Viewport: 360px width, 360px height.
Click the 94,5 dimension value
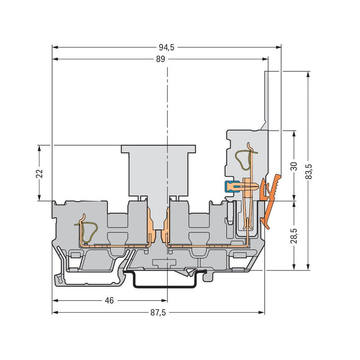pos(166,47)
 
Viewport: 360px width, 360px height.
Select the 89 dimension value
pos(161,59)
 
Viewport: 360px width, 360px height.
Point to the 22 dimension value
pos(40,173)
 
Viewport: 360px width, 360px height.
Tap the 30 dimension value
pos(294,166)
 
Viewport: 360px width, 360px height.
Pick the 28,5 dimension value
pos(294,236)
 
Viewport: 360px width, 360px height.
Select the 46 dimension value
pos(109,301)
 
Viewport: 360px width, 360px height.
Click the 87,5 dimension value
pos(158,312)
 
